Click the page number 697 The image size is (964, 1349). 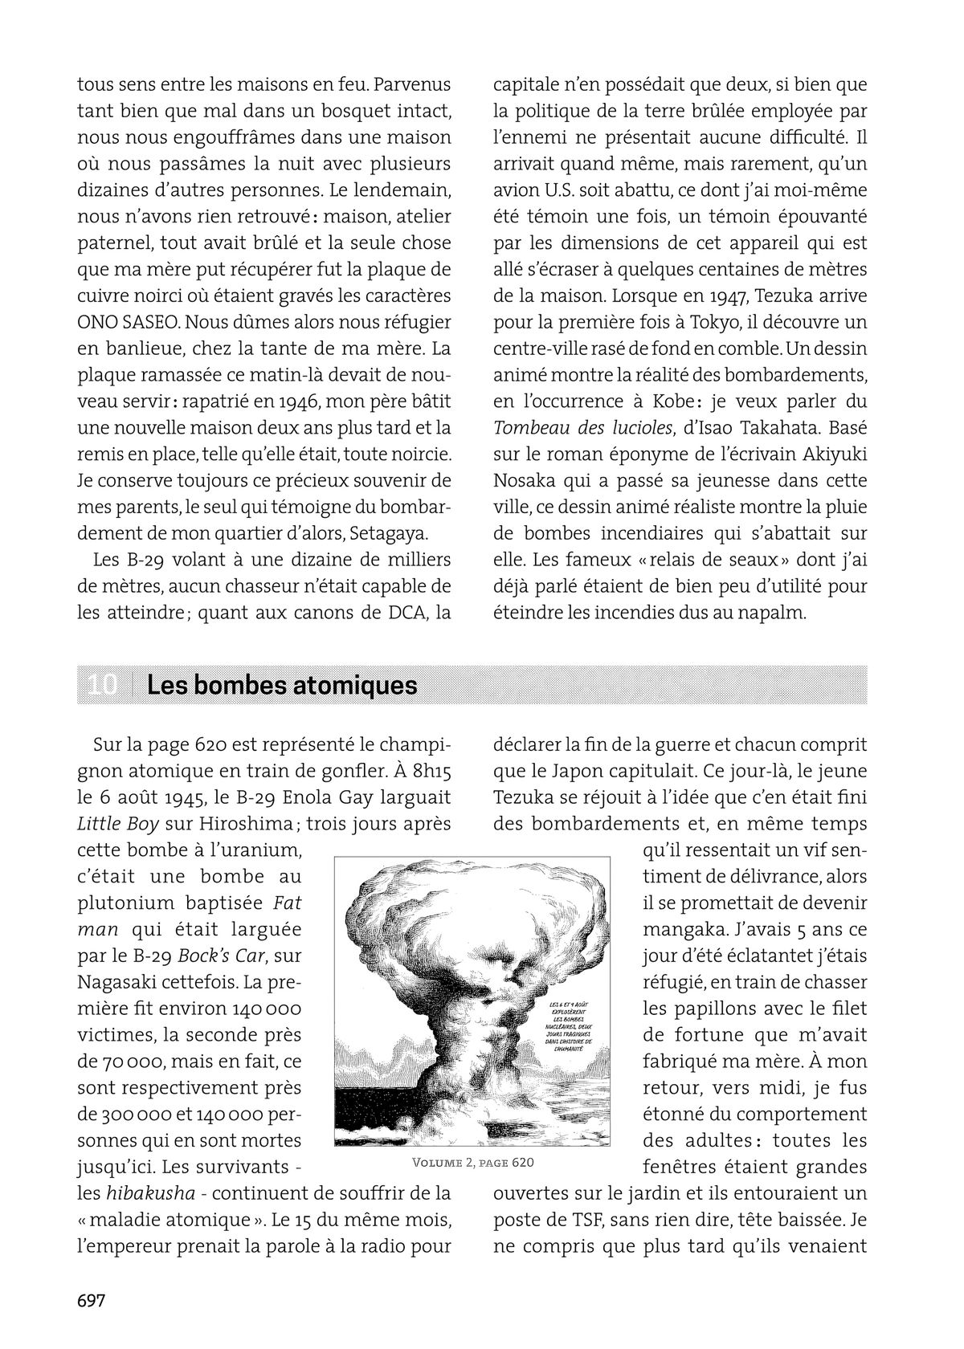(x=92, y=1302)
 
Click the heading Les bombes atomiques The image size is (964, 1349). (x=282, y=685)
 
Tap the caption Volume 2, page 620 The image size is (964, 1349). (x=472, y=1163)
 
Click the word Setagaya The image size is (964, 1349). (x=390, y=533)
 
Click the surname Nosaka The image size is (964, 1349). (x=526, y=480)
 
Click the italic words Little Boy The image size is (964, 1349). (x=117, y=824)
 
